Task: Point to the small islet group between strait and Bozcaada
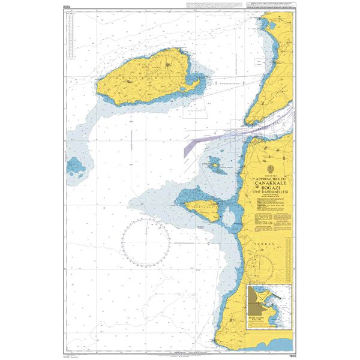(x=217, y=164)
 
